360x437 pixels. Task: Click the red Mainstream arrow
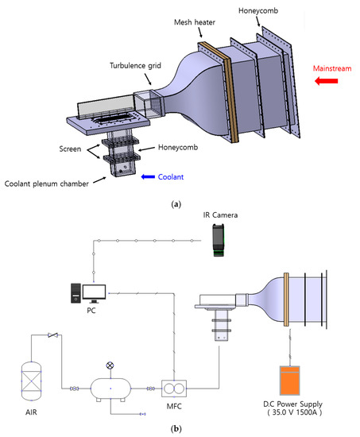[327, 81]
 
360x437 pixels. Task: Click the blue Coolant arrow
[148, 177]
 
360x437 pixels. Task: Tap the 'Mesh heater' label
[195, 22]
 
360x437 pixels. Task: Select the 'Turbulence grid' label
[135, 66]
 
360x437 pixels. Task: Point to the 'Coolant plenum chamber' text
[47, 184]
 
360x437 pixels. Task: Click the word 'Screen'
[70, 149]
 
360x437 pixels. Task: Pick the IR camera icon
[219, 240]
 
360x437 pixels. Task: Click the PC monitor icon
[95, 294]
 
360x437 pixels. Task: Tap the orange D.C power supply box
[290, 380]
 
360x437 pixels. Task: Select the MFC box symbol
[174, 389]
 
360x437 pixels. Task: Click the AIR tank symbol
[32, 381]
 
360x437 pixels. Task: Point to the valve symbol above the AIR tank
[52, 335]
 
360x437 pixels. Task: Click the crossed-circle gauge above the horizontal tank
[110, 365]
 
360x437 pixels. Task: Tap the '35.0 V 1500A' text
[295, 412]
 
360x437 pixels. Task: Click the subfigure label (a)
[176, 204]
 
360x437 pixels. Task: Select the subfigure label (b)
[176, 428]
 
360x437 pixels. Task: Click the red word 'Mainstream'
[332, 68]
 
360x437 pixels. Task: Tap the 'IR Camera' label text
[220, 215]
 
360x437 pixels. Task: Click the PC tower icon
[75, 293]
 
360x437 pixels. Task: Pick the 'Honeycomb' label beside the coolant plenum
[178, 148]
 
